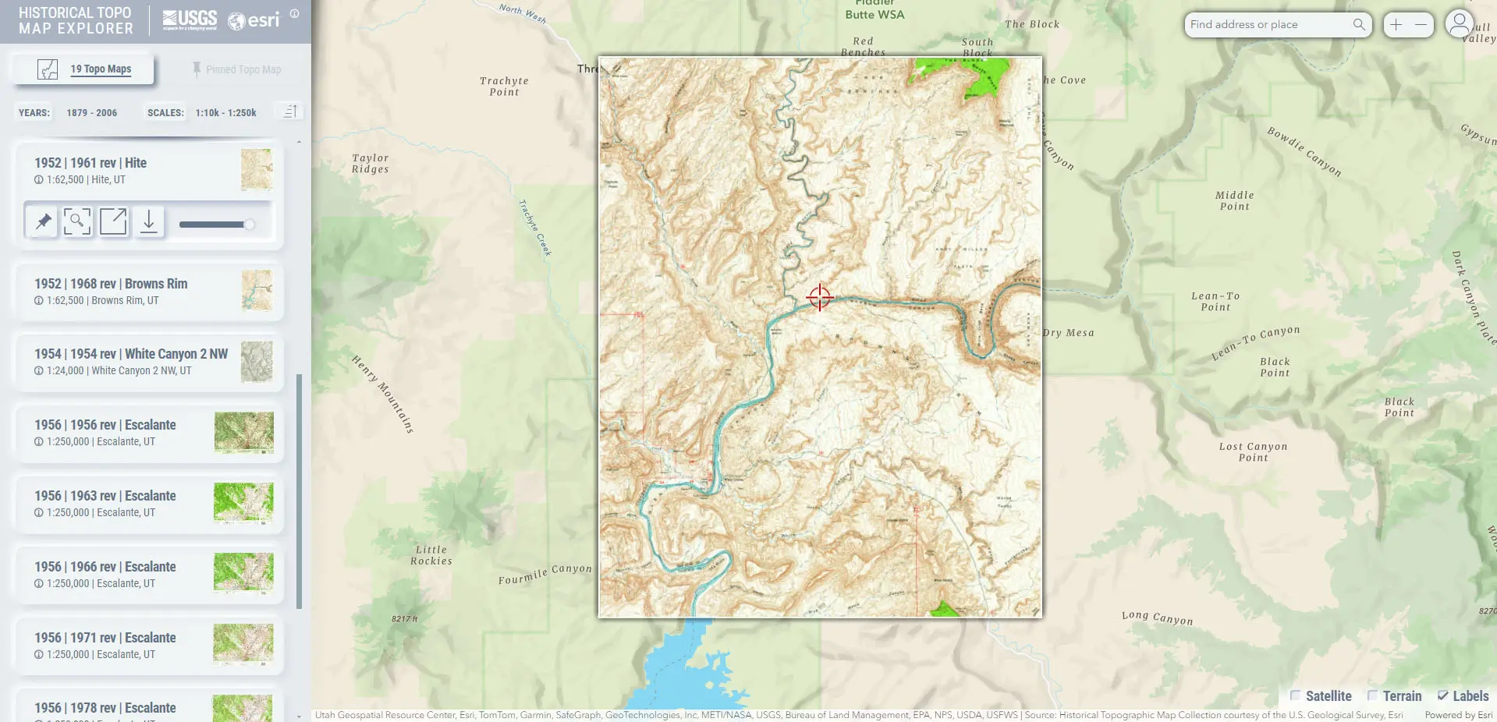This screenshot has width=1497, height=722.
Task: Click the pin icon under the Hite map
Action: pyautogui.click(x=43, y=222)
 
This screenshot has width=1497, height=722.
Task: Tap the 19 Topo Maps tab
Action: pyautogui.click(x=101, y=69)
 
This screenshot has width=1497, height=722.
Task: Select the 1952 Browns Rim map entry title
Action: pyautogui.click(x=111, y=284)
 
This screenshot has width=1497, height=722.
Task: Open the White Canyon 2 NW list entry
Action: pyautogui.click(x=131, y=354)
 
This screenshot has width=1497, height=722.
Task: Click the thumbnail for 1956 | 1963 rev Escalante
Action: pyautogui.click(x=243, y=503)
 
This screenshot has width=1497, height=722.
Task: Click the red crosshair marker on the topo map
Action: pyautogui.click(x=820, y=297)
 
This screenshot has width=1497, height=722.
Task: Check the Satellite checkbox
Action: pyautogui.click(x=1296, y=695)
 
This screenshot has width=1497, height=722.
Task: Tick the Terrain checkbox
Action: pyautogui.click(x=1373, y=695)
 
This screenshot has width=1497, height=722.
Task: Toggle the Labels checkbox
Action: pyautogui.click(x=1442, y=695)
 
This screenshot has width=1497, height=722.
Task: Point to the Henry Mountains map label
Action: pyautogui.click(x=383, y=394)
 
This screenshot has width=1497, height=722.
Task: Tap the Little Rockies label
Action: pyautogui.click(x=431, y=555)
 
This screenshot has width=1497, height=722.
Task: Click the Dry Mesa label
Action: pyautogui.click(x=1069, y=333)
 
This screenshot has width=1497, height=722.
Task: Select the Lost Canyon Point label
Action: pyautogui.click(x=1253, y=452)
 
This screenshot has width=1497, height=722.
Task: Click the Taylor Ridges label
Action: pyautogui.click(x=370, y=164)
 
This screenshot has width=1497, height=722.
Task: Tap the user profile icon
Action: pyautogui.click(x=1459, y=23)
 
